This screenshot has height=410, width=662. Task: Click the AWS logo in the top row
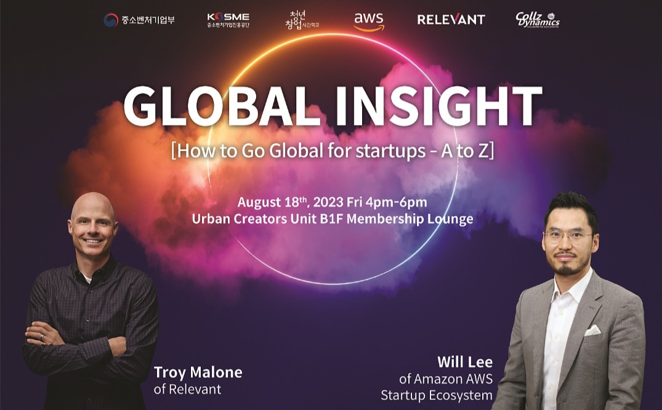pyautogui.click(x=369, y=20)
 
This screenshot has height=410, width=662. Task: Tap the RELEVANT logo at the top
pyautogui.click(x=451, y=20)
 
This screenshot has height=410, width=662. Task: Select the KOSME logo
pyautogui.click(x=228, y=20)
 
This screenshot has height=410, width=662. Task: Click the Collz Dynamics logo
pyautogui.click(x=537, y=20)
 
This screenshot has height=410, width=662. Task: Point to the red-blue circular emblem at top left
pyautogui.click(x=111, y=20)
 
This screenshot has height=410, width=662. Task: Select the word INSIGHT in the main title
pyautogui.click(x=435, y=107)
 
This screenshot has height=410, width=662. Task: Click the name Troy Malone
pyautogui.click(x=198, y=372)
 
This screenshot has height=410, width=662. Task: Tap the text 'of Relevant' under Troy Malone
pyautogui.click(x=187, y=389)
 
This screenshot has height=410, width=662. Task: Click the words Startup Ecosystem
pyautogui.click(x=436, y=395)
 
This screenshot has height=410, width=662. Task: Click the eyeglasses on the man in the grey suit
pyautogui.click(x=567, y=236)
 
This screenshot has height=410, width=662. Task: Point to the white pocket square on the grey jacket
pyautogui.click(x=592, y=330)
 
